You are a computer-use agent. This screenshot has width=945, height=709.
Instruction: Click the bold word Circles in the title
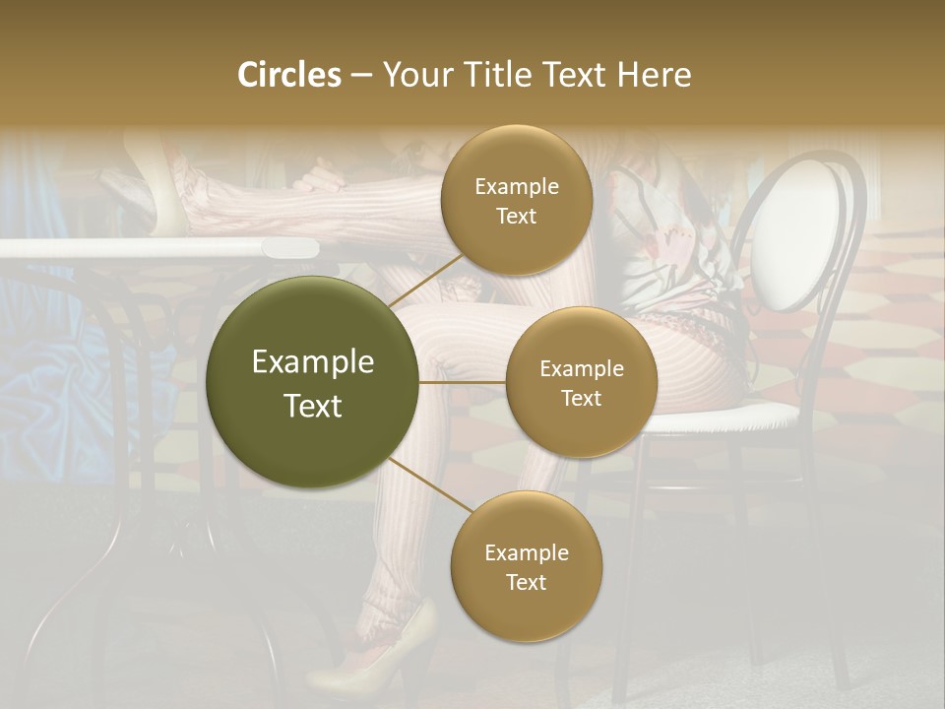[289, 75]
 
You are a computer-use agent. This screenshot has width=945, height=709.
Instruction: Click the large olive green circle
[312, 382]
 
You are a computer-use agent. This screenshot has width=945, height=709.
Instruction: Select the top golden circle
[516, 201]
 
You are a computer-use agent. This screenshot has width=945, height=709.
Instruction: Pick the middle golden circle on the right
[581, 382]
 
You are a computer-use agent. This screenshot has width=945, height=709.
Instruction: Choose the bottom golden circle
[526, 566]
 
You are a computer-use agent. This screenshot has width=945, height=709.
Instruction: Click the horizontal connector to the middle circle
[463, 382]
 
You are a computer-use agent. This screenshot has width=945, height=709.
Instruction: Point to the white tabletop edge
[157, 248]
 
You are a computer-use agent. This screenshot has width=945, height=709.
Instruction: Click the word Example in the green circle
[312, 362]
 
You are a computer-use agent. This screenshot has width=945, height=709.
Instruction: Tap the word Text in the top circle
[516, 217]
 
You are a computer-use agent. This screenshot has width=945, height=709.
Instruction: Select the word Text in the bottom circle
[526, 582]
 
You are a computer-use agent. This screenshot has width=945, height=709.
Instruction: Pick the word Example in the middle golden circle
[581, 368]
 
